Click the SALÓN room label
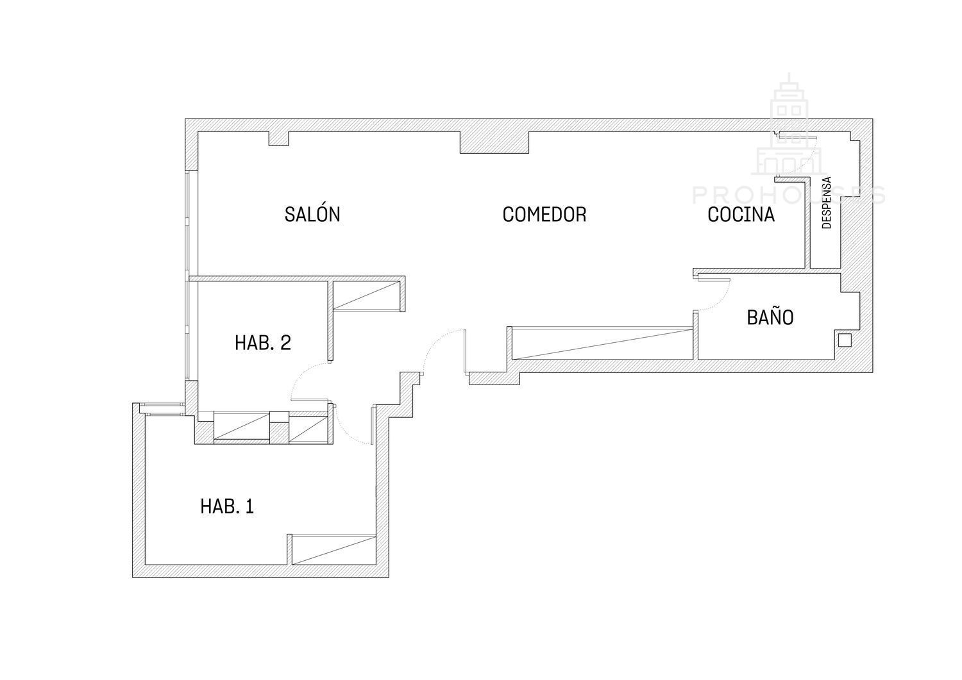point(312,214)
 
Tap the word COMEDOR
point(544,214)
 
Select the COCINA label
point(741,214)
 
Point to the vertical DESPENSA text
point(826,202)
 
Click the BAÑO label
point(770,317)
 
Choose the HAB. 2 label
point(263,343)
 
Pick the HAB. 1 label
point(227,506)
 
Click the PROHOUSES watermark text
point(788,195)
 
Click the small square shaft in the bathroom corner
point(845,340)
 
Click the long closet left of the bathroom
point(602,344)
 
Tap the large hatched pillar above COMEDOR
point(494,142)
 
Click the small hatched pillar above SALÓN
point(278,138)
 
